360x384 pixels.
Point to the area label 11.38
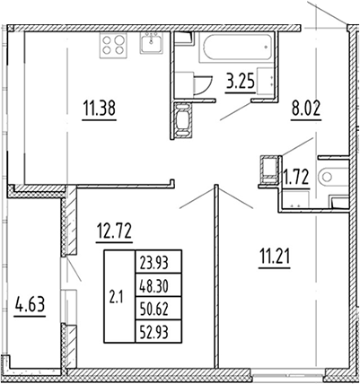pyautogui.click(x=100, y=112)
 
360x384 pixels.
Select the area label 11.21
pyautogui.click(x=271, y=264)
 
